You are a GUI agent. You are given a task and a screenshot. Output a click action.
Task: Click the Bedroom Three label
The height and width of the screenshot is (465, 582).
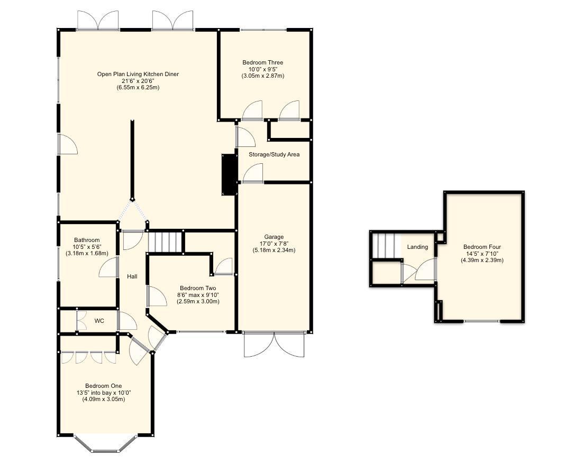pos(263,62)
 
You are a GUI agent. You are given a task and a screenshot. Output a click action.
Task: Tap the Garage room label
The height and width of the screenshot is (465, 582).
pos(274,237)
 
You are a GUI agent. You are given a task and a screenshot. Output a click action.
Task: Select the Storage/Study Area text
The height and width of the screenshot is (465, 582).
pos(274,154)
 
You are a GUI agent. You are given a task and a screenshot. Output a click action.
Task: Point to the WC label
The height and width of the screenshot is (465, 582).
pos(99,321)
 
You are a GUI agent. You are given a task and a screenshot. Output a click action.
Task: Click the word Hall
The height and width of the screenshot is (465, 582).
pos(132,276)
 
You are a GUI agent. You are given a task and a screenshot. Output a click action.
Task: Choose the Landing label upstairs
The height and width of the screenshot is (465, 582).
pos(417,247)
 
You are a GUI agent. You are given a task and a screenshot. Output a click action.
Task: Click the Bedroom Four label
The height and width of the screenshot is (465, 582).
pos(481,247)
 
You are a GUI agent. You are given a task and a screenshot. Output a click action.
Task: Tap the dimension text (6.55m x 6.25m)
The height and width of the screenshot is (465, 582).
pos(138,88)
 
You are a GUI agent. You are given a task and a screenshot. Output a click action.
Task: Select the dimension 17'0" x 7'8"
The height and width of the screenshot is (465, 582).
pos(274,244)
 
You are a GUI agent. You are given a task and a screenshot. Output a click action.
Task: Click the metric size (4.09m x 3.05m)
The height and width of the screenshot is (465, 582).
pos(104,399)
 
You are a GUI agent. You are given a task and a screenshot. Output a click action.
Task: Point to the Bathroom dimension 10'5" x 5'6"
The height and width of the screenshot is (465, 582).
pos(87,247)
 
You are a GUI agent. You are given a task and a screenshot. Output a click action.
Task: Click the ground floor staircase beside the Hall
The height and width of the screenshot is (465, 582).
pos(165,243)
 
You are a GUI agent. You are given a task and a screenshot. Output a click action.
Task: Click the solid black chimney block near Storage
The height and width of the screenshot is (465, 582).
pos(229,175)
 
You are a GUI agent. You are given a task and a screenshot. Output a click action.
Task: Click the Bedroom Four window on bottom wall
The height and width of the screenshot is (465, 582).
pos(481,321)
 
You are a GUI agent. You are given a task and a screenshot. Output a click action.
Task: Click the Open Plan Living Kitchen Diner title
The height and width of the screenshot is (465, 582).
pos(138,74)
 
